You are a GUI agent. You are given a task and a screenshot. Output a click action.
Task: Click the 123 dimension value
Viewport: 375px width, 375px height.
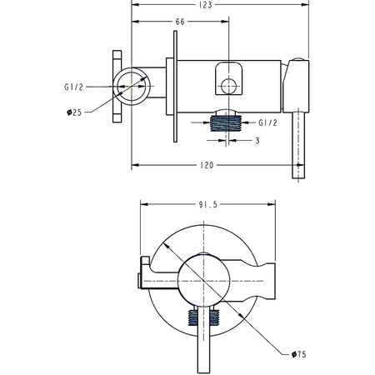coord(206,5)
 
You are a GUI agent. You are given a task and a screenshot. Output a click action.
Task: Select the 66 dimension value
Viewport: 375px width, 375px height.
coord(180,22)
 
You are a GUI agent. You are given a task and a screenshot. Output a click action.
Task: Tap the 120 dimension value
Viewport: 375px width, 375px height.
coord(207,165)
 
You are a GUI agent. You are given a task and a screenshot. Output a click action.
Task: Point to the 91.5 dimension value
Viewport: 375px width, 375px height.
coord(207,204)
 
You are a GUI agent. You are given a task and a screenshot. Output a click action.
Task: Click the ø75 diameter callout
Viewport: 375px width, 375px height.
coord(299,354)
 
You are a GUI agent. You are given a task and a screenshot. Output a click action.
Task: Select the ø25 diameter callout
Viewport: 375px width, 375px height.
coord(74,112)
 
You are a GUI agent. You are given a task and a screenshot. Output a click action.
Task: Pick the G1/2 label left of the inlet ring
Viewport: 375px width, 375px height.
coord(73,87)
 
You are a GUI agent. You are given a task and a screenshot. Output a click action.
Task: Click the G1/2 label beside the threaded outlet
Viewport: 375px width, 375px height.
coord(267,122)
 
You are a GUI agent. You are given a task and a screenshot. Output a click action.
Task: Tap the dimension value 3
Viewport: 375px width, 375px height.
coord(257,141)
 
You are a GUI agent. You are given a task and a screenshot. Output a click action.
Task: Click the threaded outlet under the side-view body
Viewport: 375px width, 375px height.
coord(226,123)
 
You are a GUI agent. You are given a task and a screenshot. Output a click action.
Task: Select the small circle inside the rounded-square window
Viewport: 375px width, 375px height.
coord(228,86)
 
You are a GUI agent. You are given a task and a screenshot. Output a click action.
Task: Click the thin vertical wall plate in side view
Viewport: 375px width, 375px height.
coord(175,87)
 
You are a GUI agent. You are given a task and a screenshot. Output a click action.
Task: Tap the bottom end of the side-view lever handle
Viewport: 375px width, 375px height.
coord(298,178)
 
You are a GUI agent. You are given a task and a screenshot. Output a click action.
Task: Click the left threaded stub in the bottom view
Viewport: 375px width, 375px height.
coord(192,317)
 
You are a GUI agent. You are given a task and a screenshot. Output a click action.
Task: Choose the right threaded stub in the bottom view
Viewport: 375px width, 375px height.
coord(214,317)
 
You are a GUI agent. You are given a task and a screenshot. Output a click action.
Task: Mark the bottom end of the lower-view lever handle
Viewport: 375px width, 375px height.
coord(203,372)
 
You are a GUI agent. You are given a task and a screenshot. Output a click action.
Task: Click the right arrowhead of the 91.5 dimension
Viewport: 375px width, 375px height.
coord(272,204)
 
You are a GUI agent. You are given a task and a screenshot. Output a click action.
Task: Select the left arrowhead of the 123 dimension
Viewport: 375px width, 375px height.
coord(136,5)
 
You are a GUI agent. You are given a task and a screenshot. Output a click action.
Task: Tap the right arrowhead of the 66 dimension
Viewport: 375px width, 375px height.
coord(225,22)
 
